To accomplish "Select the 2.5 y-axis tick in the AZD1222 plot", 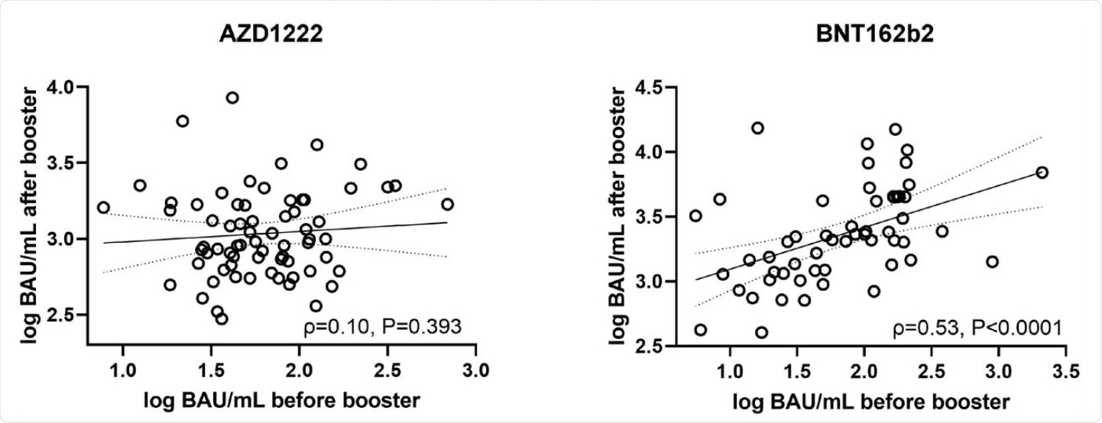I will (x=63, y=315).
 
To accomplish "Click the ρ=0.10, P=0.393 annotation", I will (x=379, y=328).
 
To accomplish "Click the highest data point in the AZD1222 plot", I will (x=232, y=97).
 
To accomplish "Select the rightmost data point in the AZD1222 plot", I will (x=447, y=204).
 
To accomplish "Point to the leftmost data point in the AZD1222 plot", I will (x=103, y=207).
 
